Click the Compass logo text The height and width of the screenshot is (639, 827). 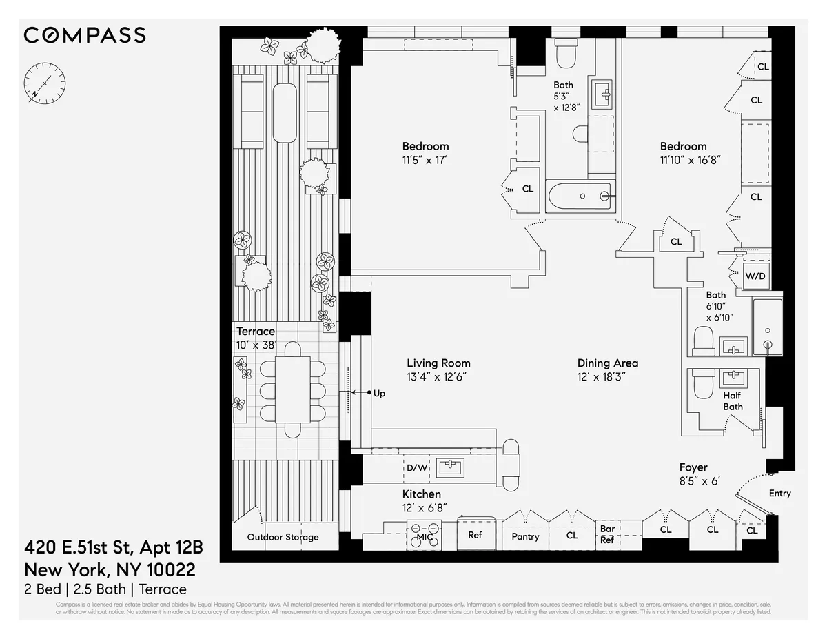pyautogui.click(x=85, y=35)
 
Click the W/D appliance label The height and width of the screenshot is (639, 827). pyautogui.click(x=755, y=276)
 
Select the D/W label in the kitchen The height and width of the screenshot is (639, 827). pyautogui.click(x=416, y=468)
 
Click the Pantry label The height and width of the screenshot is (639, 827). pyautogui.click(x=525, y=536)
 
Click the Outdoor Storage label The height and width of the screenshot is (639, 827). pyautogui.click(x=283, y=537)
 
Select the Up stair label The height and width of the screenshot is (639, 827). pyautogui.click(x=378, y=394)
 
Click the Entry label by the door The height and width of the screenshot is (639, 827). pyautogui.click(x=779, y=493)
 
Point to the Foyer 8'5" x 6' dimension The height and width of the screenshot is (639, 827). pyautogui.click(x=700, y=480)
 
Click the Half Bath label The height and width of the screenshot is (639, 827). pyautogui.click(x=733, y=401)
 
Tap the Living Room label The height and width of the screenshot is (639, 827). pyautogui.click(x=438, y=363)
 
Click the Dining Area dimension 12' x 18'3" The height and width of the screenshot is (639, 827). pyautogui.click(x=601, y=376)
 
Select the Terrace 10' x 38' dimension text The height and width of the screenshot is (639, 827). pyautogui.click(x=256, y=345)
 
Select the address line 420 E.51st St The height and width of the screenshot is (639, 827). pyautogui.click(x=114, y=548)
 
